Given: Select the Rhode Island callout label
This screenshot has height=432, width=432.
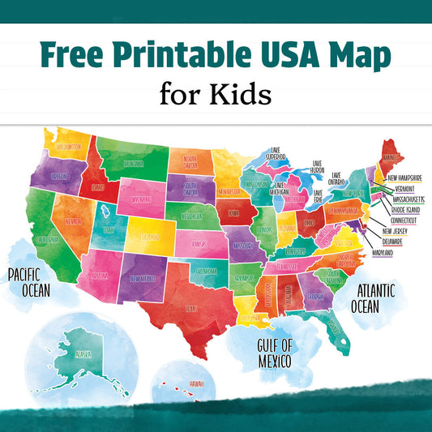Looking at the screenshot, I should click(x=410, y=207).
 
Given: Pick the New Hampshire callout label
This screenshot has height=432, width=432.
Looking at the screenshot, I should click(x=413, y=178).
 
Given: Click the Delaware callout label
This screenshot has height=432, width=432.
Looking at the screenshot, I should click(x=399, y=242).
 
